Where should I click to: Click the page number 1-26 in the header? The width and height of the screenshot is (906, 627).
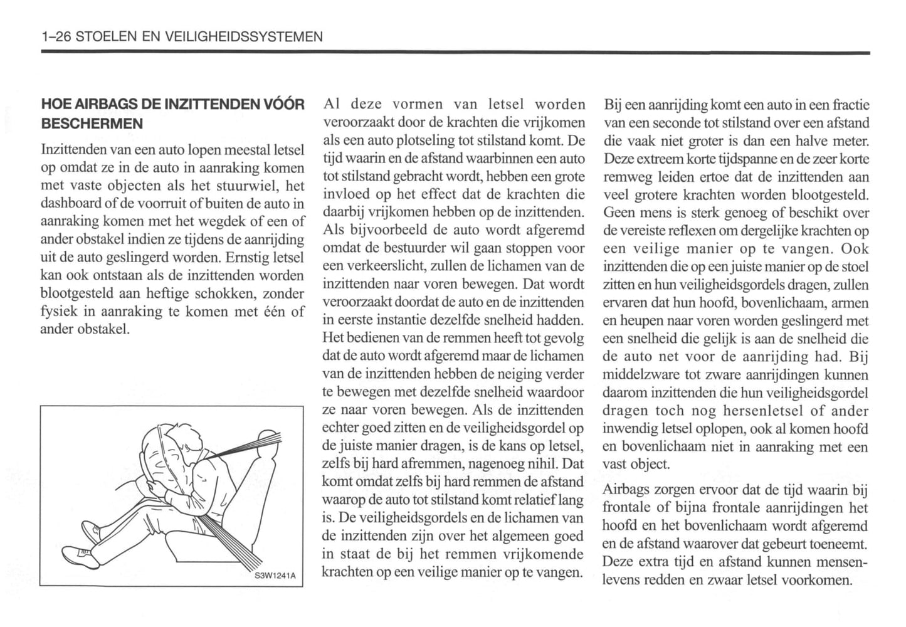55,37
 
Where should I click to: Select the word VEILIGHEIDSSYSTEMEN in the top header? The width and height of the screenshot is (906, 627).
243,37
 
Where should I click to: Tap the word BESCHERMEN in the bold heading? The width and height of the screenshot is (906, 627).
92,124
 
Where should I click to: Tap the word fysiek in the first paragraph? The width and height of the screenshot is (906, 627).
58,312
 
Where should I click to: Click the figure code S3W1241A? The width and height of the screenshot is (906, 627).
275,576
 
